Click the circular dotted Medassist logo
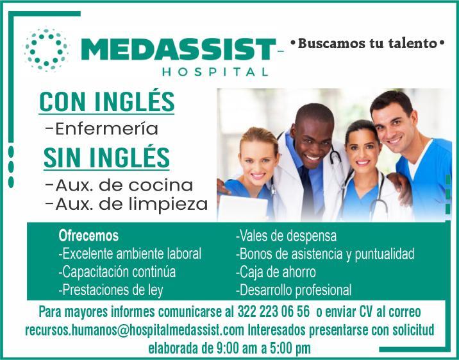tap(47, 49)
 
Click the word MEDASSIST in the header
tap(178, 49)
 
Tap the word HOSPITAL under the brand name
tap(215, 72)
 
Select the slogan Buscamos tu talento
tap(367, 44)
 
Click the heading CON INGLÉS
tap(107, 101)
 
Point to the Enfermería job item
tap(102, 129)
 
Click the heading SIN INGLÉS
tap(106, 157)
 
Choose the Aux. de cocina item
tap(119, 185)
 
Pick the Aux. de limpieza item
tap(127, 204)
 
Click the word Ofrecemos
tap(88, 236)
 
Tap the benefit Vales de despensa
tap(286, 236)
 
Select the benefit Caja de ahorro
tap(276, 272)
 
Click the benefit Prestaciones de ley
tap(111, 290)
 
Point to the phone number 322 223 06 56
tap(273, 311)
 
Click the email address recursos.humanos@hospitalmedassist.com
tap(135, 330)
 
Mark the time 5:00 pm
tap(290, 348)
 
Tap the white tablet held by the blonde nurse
tap(242, 208)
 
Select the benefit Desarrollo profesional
tap(294, 290)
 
